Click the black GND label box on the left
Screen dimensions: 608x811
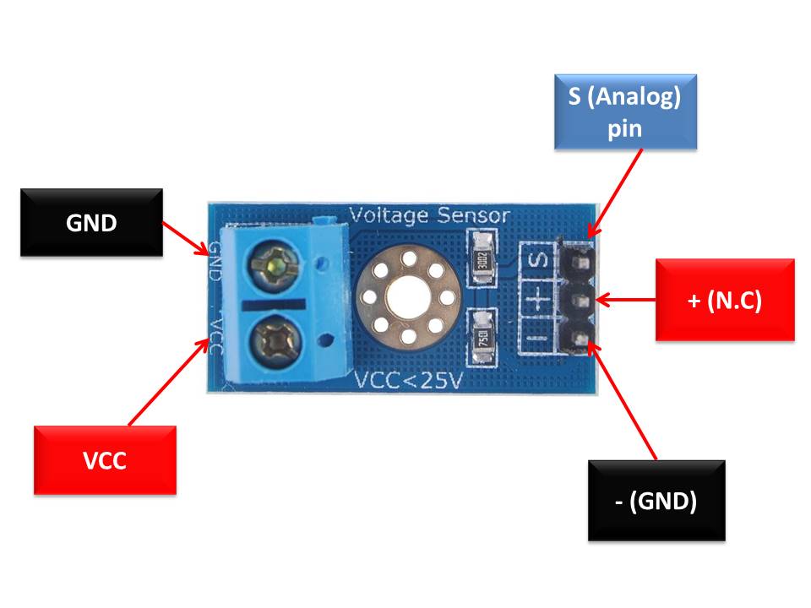pos(91,222)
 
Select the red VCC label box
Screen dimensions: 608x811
pos(105,460)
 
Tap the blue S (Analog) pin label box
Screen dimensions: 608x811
pos(625,112)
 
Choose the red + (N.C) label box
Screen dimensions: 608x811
pos(725,300)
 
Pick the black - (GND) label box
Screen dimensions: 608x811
pos(656,500)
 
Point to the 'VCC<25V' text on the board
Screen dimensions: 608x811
pos(408,381)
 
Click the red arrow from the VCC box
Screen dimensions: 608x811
pos(169,381)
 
